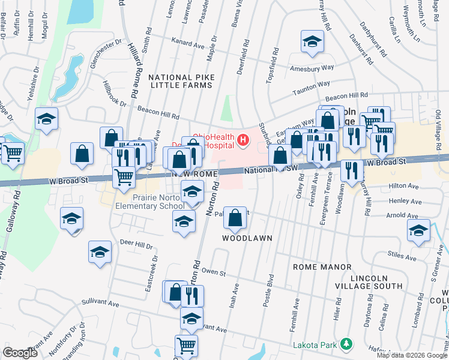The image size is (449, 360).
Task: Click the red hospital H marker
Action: tap(243, 140)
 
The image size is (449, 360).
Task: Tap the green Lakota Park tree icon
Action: tap(346, 344)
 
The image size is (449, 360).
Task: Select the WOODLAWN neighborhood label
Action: tap(247, 238)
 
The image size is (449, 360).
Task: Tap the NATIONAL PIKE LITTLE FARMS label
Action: tap(180, 82)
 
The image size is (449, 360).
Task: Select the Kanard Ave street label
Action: tap(188, 44)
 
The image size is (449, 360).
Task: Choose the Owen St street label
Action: tap(213, 273)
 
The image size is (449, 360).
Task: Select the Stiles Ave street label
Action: tap(402, 255)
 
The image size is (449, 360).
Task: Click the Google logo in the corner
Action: tap(20, 352)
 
